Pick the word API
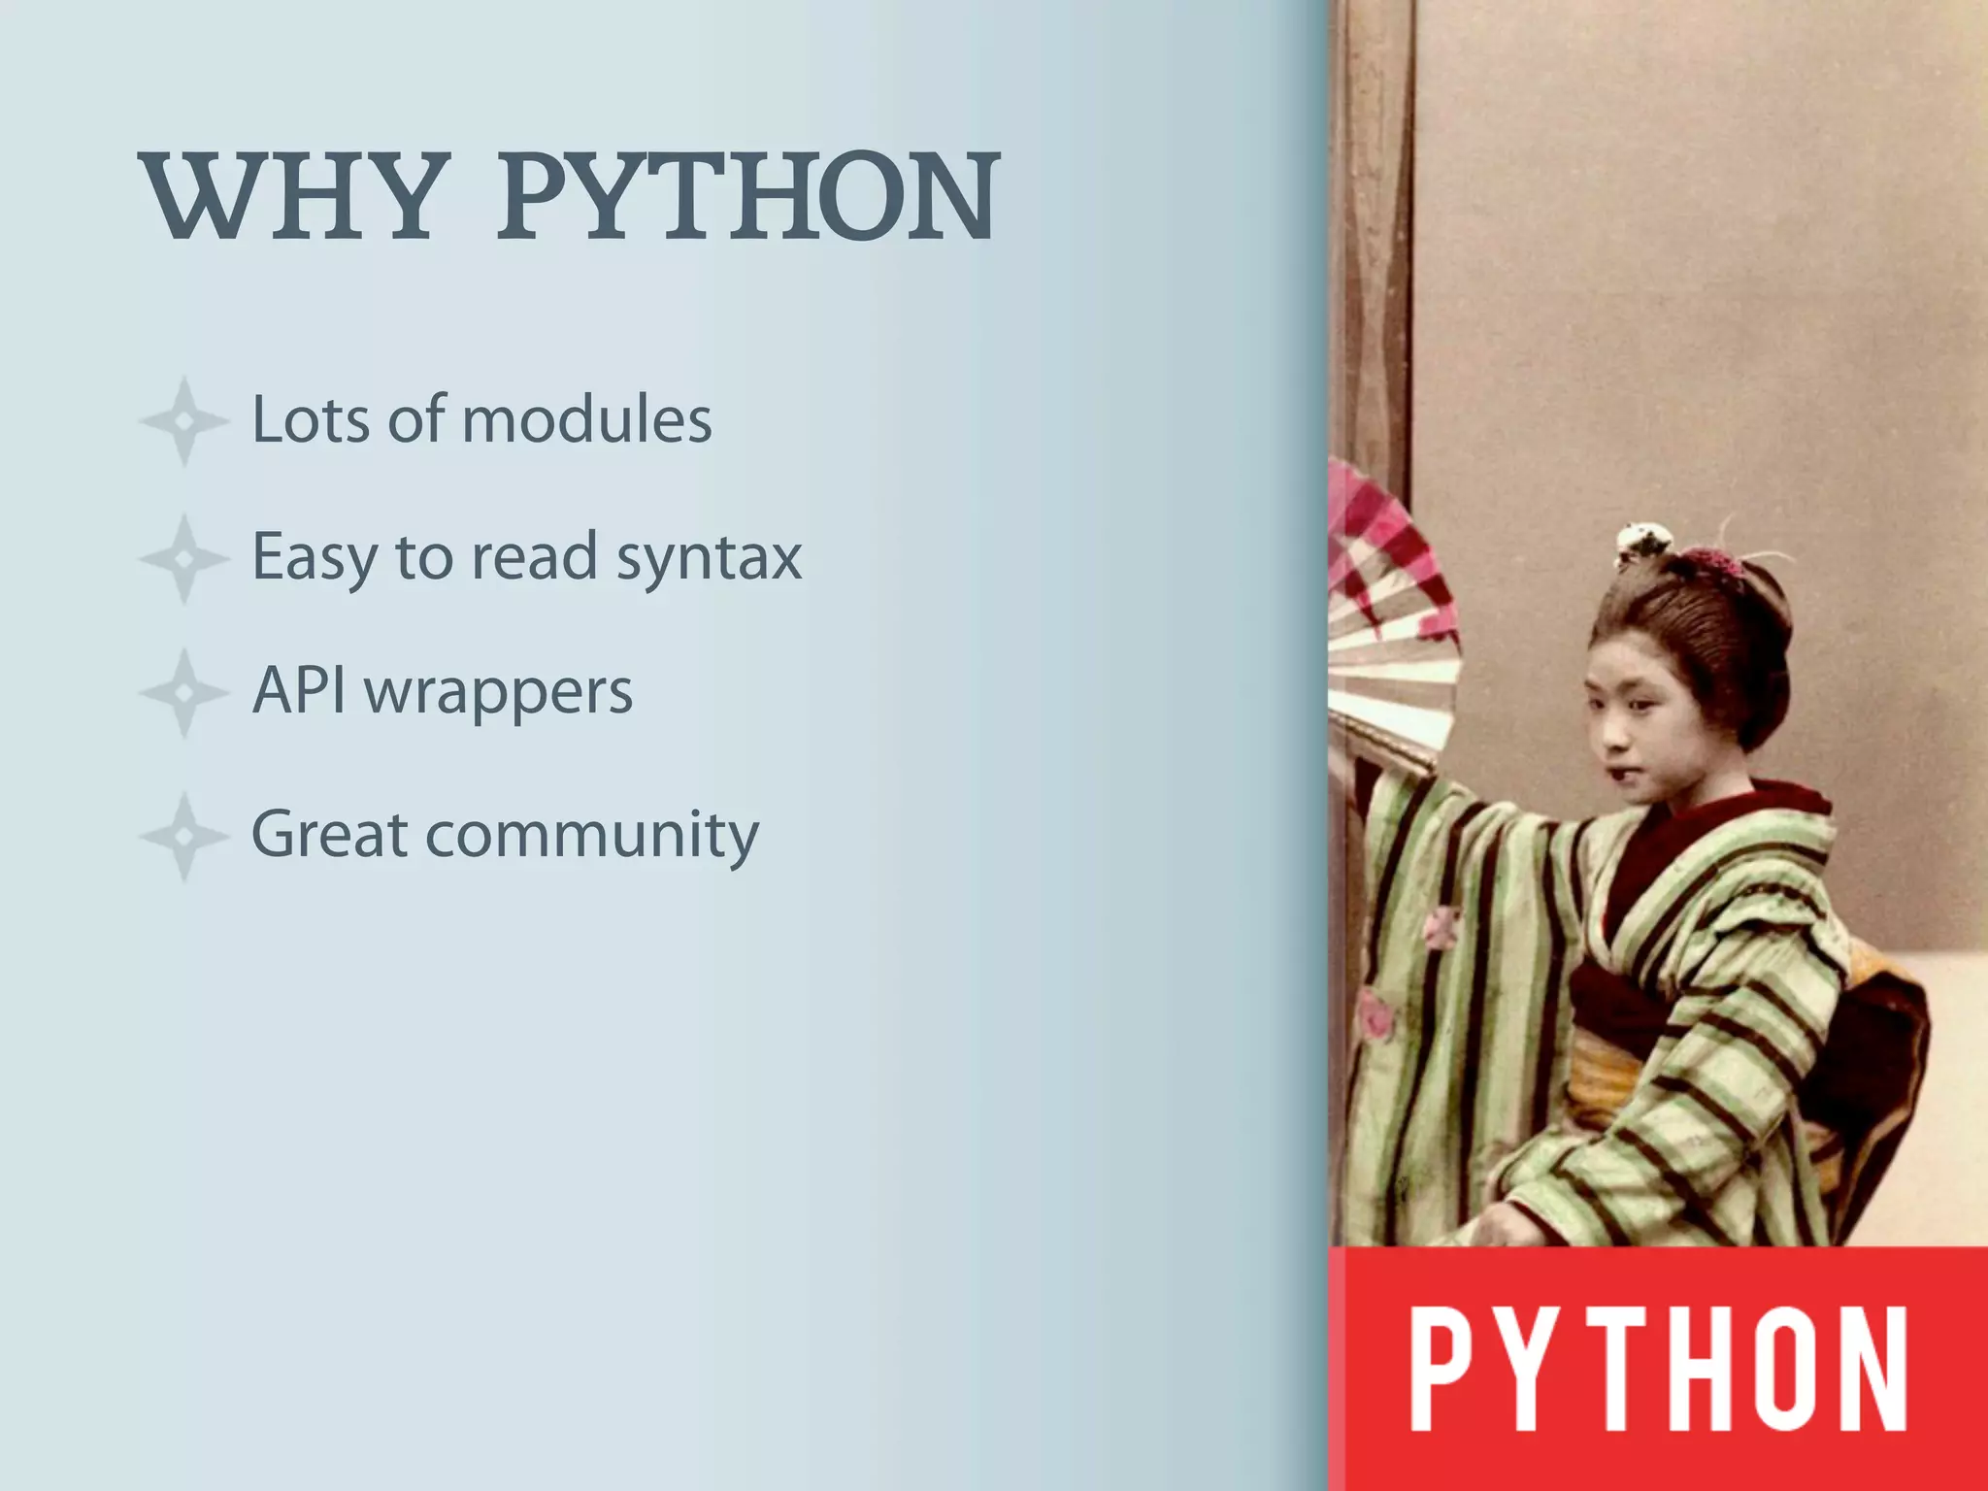pyautogui.click(x=298, y=691)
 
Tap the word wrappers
pyautogui.click(x=499, y=695)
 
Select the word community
pyautogui.click(x=592, y=837)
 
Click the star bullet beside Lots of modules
pyautogui.click(x=183, y=421)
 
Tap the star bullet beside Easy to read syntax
pyautogui.click(x=183, y=559)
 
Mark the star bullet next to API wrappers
pyautogui.click(x=183, y=693)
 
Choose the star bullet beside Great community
pyautogui.click(x=183, y=836)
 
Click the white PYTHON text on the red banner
pyautogui.click(x=1658, y=1369)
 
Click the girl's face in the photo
pyautogui.click(x=1640, y=718)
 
